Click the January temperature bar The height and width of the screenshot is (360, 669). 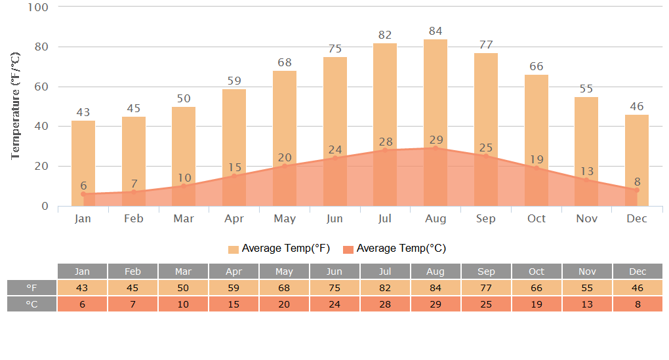point(83,157)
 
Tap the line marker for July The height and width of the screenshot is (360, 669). point(385,150)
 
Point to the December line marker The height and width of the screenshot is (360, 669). point(636,190)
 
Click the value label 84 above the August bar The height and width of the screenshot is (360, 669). point(436,31)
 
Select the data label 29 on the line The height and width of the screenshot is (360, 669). point(436,140)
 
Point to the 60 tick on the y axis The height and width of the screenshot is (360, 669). point(41,87)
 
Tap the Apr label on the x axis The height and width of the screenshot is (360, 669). point(234,218)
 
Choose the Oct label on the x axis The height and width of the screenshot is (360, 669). point(537,218)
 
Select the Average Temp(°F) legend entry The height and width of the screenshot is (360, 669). point(279,249)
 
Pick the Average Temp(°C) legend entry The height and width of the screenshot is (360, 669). point(394,249)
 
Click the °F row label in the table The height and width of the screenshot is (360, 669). point(32,288)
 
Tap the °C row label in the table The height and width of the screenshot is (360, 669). point(32,304)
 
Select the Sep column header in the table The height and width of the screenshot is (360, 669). point(486,271)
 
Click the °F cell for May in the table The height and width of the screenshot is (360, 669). point(284,288)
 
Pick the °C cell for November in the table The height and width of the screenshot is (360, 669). point(587,304)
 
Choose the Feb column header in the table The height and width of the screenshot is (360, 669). point(132,271)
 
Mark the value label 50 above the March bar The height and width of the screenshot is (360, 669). point(184,98)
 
